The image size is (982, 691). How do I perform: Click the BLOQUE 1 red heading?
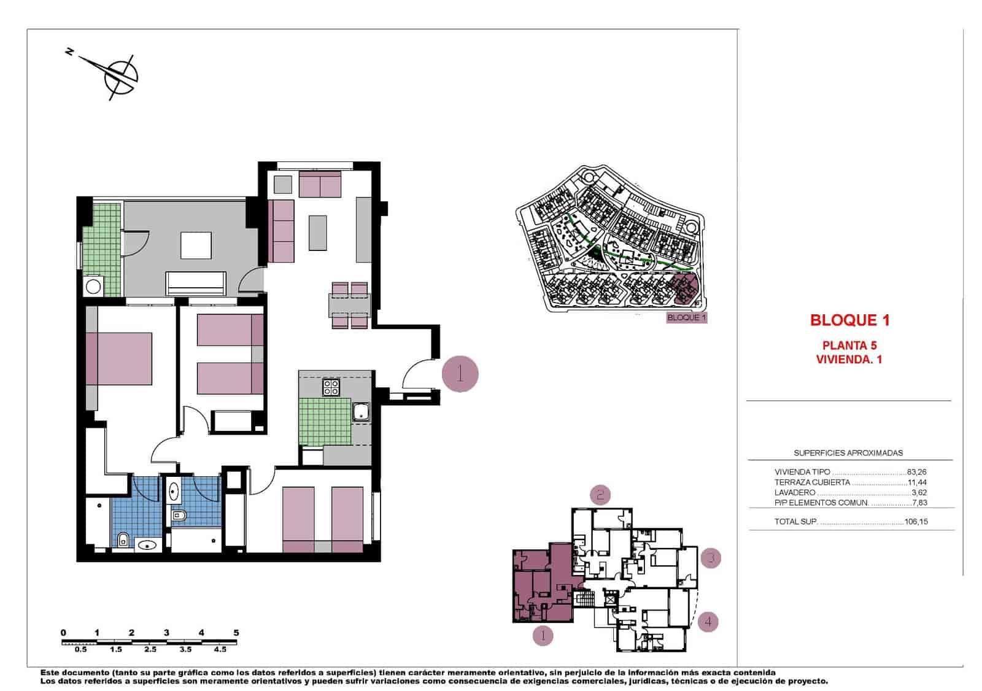849,320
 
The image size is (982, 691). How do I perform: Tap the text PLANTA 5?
849,345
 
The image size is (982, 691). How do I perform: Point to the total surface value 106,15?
916,522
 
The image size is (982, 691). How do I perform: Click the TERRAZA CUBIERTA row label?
812,482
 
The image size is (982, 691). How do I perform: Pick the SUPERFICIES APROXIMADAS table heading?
848,453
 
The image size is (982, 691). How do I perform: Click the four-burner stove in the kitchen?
331,387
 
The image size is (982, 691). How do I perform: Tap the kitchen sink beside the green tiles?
360,411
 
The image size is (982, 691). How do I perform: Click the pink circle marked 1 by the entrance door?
460,373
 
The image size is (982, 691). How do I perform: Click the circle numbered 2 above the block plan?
600,494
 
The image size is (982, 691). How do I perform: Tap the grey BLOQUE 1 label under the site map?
687,318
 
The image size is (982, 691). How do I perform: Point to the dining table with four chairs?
349,304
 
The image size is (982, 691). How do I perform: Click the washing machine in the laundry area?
93,286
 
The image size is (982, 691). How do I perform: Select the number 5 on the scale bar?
236,632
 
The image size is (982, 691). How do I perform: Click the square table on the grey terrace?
196,246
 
